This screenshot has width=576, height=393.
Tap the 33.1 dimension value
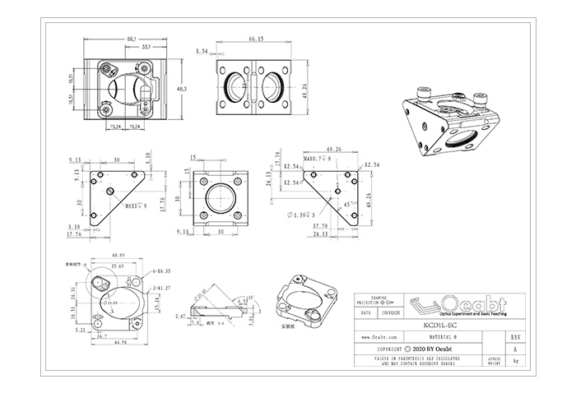[145, 48]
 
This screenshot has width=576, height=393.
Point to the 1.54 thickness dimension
[202, 51]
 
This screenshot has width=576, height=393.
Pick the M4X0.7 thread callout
[293, 159]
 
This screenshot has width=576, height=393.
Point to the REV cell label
[515, 337]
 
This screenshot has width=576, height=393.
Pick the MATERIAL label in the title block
[439, 337]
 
